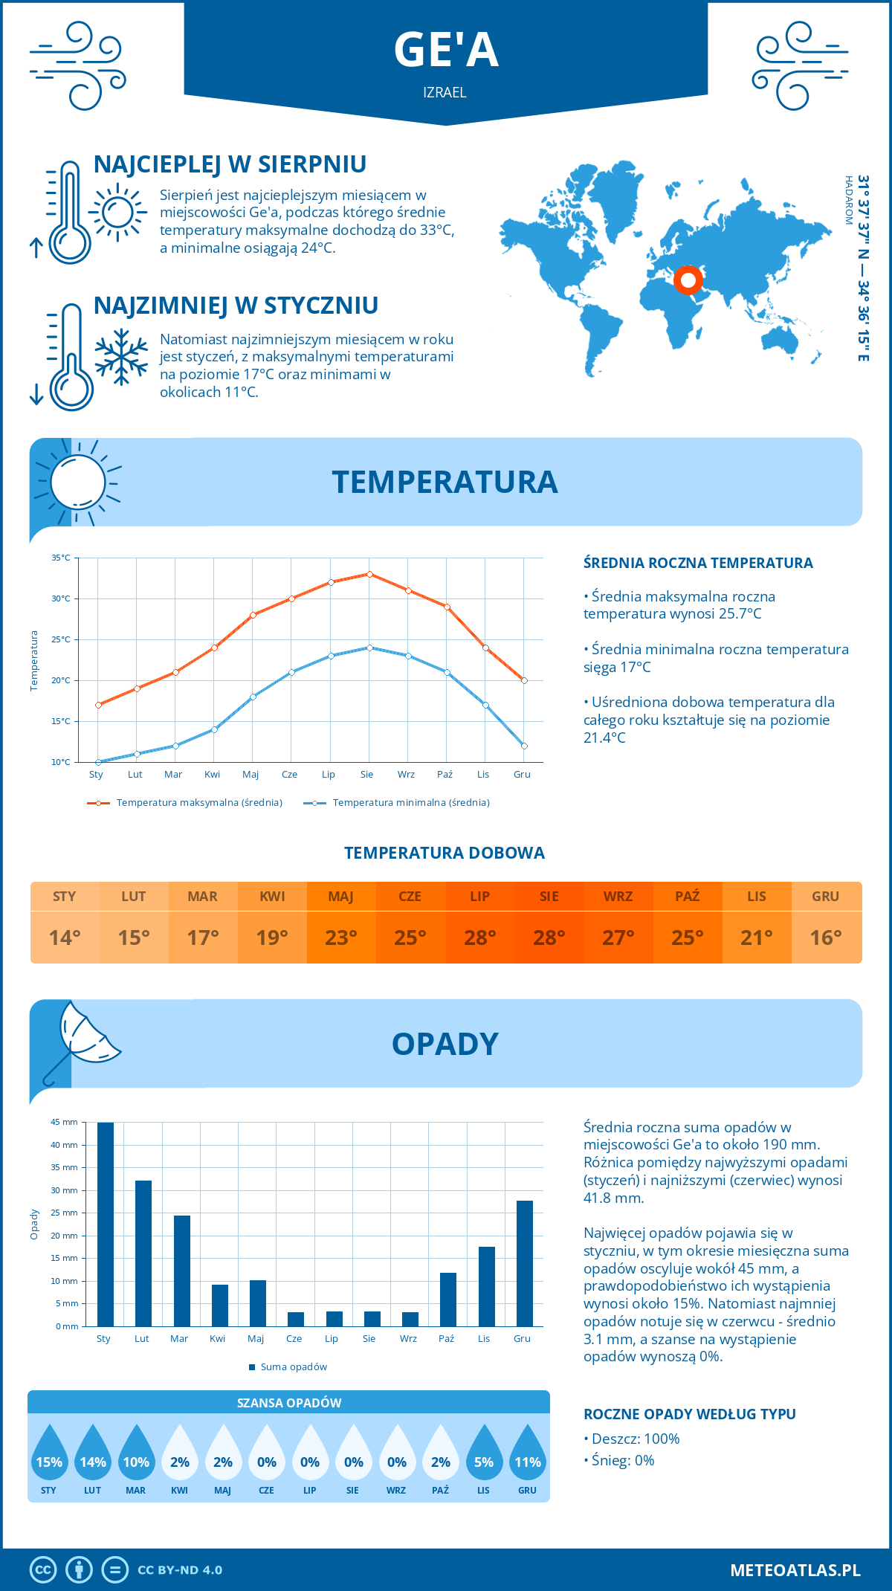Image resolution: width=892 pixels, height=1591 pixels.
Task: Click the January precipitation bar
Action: click(x=106, y=1224)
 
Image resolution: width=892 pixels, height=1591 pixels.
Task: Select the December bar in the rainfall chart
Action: click(x=524, y=1264)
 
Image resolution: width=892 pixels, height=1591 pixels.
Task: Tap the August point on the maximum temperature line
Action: click(x=369, y=574)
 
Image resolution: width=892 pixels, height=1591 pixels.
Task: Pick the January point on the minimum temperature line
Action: click(x=98, y=762)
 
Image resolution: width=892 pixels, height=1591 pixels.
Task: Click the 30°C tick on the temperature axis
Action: click(x=61, y=598)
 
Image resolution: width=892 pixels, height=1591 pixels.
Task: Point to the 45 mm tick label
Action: click(x=65, y=1122)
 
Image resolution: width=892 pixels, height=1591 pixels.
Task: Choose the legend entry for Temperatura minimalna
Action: click(x=397, y=803)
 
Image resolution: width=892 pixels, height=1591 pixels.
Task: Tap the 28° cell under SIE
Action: click(x=549, y=938)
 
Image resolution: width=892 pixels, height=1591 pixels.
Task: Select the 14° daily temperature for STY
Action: click(x=65, y=938)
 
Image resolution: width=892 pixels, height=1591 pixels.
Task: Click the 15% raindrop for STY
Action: click(x=49, y=1456)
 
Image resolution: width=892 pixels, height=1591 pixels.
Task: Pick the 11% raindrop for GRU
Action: click(x=527, y=1456)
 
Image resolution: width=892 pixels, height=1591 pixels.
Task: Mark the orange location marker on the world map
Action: click(x=688, y=280)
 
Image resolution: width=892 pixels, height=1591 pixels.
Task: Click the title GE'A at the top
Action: click(x=446, y=50)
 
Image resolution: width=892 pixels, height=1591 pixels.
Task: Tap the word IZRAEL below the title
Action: click(x=445, y=92)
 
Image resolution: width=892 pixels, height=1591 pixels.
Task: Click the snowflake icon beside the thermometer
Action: click(x=121, y=357)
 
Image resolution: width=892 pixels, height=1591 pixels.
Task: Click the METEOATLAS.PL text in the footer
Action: click(x=795, y=1570)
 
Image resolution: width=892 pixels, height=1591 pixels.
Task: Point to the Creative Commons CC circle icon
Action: click(x=43, y=1570)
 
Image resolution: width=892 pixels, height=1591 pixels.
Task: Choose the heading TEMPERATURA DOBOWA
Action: click(x=445, y=853)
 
